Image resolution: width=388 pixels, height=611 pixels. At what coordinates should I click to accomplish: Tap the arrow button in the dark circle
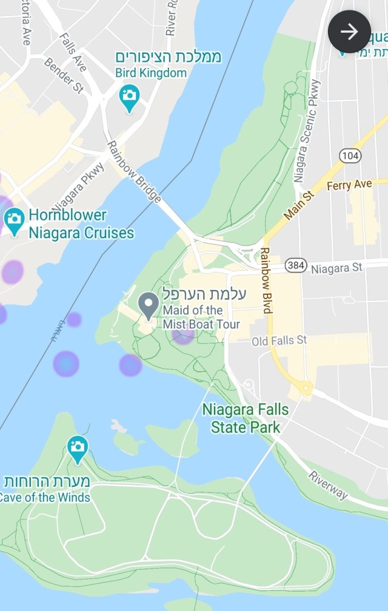tap(349, 31)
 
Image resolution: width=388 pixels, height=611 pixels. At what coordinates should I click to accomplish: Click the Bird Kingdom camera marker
tap(129, 97)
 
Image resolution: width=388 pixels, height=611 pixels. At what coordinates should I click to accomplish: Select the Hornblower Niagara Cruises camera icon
tap(13, 219)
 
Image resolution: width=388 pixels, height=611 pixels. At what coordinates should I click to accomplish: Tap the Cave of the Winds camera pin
tap(77, 449)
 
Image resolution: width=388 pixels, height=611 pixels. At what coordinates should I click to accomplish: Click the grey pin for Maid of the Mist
tap(148, 305)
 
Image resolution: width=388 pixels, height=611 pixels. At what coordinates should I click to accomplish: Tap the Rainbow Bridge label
tap(134, 172)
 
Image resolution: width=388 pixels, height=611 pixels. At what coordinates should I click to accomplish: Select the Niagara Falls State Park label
tap(246, 418)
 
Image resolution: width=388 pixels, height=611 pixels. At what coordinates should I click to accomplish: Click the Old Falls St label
tap(279, 341)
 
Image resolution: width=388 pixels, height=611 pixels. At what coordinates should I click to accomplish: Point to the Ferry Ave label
tap(349, 185)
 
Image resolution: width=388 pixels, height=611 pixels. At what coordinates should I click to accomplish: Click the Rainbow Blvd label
tap(266, 280)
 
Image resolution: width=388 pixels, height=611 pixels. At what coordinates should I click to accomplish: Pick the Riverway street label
tap(328, 485)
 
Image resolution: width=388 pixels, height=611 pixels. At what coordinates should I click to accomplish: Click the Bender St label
tap(64, 75)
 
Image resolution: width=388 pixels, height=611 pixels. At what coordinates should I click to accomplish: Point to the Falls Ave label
tap(73, 52)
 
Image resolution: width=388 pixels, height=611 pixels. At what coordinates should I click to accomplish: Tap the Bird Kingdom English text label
tap(151, 73)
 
